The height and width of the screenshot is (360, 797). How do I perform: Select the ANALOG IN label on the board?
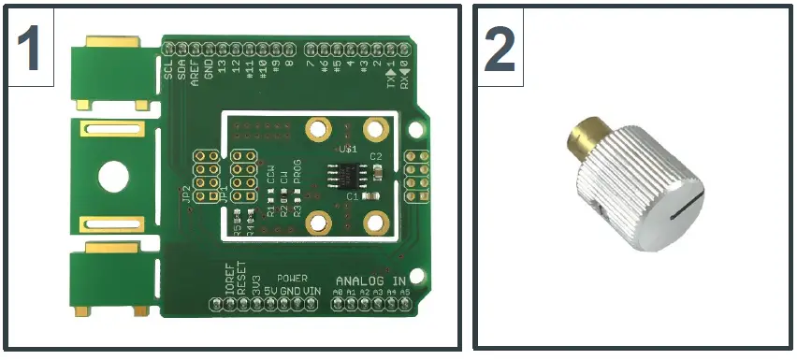tap(371, 281)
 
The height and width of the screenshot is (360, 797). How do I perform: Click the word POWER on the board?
tap(291, 279)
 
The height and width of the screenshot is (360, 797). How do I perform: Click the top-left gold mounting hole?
tap(318, 127)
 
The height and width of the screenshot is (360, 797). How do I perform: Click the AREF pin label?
tap(195, 71)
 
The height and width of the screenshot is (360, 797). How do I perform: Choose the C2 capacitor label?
tap(377, 156)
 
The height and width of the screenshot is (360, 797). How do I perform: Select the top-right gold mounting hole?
tap(377, 127)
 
